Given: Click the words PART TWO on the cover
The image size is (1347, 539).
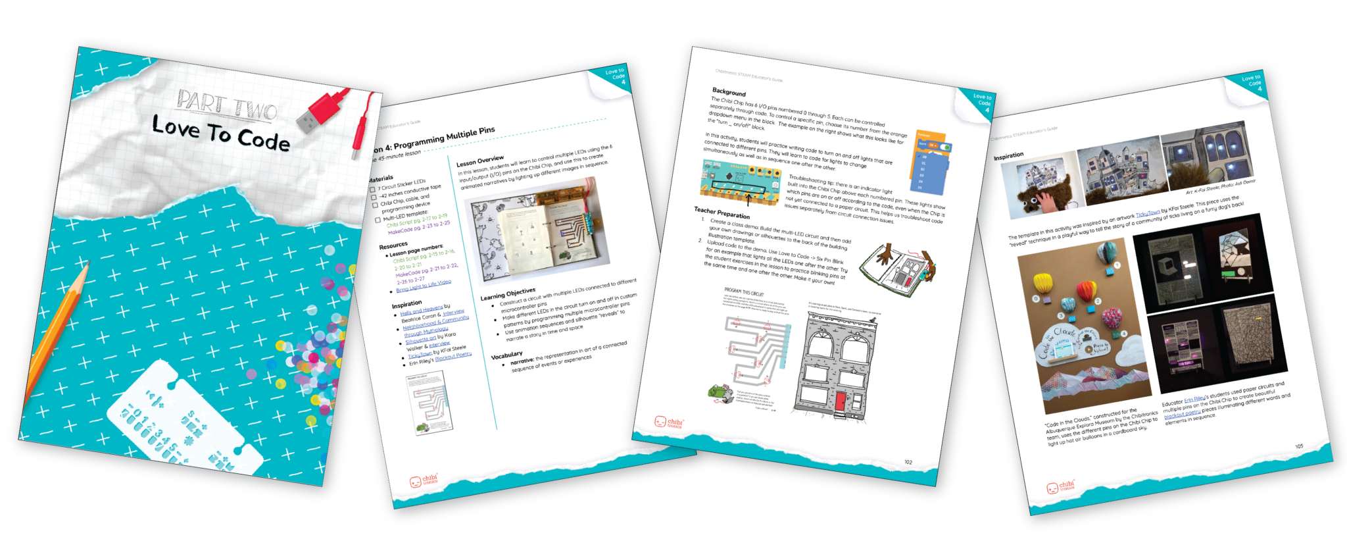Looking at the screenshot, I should [x=227, y=105].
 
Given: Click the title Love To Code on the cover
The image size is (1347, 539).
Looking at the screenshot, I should [x=221, y=133].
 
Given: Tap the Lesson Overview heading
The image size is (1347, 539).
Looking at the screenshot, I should [x=480, y=161].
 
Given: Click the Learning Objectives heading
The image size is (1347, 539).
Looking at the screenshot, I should [x=508, y=294].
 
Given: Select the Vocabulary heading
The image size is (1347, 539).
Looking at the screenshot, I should [x=506, y=355].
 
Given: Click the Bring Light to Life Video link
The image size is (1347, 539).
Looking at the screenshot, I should [x=424, y=286].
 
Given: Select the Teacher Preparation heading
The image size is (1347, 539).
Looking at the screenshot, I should [x=722, y=212].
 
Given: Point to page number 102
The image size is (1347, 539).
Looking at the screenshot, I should [x=908, y=462].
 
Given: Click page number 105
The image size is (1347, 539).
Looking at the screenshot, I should [x=1299, y=446].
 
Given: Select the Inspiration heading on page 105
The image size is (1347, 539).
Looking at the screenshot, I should [x=1008, y=156].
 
